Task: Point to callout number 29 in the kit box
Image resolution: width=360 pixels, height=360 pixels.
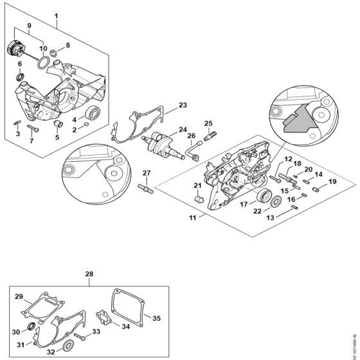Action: pyautogui.click(x=19, y=296)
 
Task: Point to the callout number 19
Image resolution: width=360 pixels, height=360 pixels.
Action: pyautogui.click(x=332, y=182)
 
